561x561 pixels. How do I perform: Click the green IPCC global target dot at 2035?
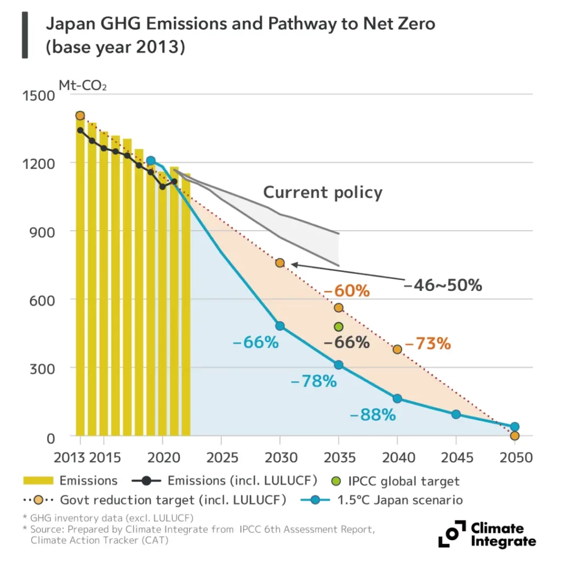click(x=339, y=327)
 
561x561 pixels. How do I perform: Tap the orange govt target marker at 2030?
click(x=280, y=262)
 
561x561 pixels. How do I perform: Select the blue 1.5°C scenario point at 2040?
click(x=397, y=398)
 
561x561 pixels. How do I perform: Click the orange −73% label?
click(x=427, y=344)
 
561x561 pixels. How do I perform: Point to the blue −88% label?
click(x=372, y=415)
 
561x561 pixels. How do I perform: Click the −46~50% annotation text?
click(x=443, y=285)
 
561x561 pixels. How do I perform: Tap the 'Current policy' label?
click(x=323, y=192)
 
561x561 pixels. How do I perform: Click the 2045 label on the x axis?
click(x=456, y=457)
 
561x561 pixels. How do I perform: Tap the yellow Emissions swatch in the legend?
click(x=38, y=481)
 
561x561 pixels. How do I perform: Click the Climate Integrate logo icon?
click(x=450, y=534)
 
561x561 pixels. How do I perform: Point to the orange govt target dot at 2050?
click(x=514, y=436)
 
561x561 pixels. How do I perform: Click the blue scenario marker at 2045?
click(x=456, y=414)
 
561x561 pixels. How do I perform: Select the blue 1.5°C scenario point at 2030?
click(x=280, y=326)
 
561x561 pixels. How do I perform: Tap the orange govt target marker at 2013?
click(x=80, y=116)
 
